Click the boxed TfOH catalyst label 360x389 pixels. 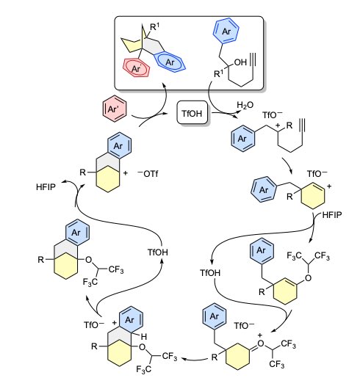coord(192,113)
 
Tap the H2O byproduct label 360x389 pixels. coord(245,105)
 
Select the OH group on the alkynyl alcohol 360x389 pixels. coord(240,62)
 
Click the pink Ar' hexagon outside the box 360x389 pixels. coord(115,109)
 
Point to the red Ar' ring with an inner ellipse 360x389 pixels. coord(137,68)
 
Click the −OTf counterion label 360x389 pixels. coord(148,173)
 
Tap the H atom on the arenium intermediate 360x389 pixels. coord(144,337)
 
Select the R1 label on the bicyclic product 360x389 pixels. coord(155,27)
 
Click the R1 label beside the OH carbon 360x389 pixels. coord(218,73)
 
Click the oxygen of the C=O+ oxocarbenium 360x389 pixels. coord(260,343)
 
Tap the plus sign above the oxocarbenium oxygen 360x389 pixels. coord(259,335)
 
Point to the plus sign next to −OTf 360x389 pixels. coord(126,173)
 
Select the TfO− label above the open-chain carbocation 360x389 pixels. coord(273,114)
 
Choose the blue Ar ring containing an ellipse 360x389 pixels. coord(170,62)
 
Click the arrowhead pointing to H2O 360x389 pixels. coord(239,113)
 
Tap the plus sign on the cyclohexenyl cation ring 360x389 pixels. coord(329,186)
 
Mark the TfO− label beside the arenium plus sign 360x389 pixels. coord(94,324)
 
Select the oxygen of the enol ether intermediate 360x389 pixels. coord(308,278)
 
